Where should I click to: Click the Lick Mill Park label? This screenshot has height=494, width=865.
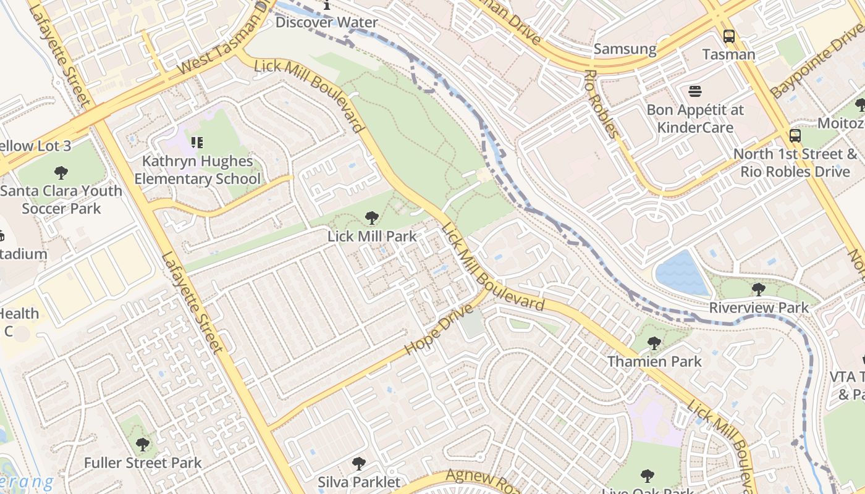[371, 236]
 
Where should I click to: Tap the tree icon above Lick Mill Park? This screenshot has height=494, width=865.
[371, 217]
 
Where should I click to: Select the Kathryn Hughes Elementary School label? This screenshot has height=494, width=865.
[197, 170]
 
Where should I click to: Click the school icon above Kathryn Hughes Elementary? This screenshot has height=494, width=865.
[197, 143]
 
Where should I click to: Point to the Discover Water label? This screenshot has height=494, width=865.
[326, 22]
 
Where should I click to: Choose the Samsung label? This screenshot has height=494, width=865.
[625, 49]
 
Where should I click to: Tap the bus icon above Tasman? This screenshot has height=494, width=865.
[729, 36]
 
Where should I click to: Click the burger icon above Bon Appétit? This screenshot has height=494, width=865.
[695, 92]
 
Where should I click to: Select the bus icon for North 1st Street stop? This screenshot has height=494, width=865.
[795, 136]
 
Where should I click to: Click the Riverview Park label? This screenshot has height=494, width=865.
[759, 308]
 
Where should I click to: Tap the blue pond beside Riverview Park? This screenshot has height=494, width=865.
[681, 273]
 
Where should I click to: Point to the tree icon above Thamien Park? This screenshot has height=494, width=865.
[654, 343]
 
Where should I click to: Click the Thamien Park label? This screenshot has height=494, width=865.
[654, 361]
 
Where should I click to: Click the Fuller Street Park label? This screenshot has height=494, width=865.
[143, 463]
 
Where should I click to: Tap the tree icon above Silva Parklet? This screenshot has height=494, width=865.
[358, 464]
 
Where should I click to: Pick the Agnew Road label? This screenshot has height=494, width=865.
[483, 480]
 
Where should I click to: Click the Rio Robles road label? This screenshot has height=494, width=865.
[601, 103]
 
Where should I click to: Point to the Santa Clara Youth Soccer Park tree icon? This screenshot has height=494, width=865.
[61, 173]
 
